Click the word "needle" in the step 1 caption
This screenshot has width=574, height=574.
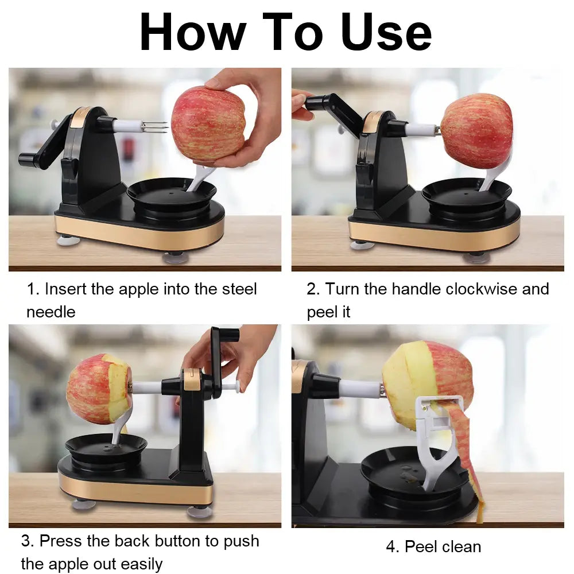pyautogui.click(x=51, y=312)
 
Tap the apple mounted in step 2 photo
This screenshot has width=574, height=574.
pyautogui.click(x=476, y=131)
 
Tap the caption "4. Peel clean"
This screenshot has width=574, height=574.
pyautogui.click(x=433, y=546)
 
